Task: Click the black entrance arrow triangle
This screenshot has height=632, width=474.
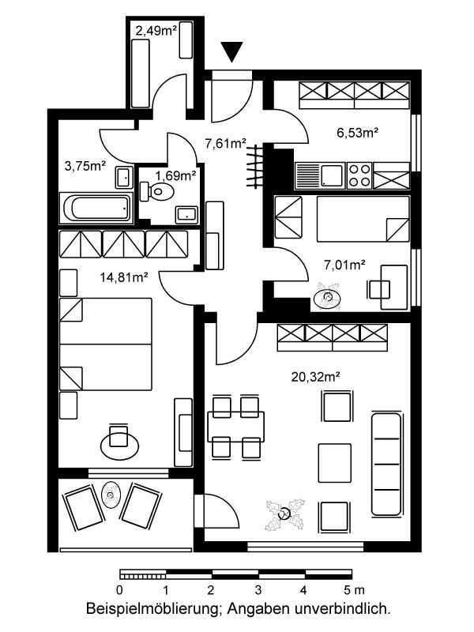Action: [x=231, y=51]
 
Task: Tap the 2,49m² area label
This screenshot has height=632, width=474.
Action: [x=156, y=31]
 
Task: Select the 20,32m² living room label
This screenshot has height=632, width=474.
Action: [x=315, y=377]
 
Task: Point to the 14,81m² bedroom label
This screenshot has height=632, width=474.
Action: [x=124, y=277]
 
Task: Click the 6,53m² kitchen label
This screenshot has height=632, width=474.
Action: [x=358, y=133]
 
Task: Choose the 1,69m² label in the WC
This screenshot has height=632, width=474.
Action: [x=175, y=175]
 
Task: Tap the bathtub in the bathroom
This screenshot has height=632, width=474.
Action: [x=96, y=208]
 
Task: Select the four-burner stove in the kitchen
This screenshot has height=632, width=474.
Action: [x=359, y=175]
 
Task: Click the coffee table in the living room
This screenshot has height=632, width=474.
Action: [x=334, y=463]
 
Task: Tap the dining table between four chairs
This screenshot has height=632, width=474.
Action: [x=235, y=427]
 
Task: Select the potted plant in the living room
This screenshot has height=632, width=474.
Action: [x=285, y=514]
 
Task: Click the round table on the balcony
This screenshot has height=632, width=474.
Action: [x=111, y=495]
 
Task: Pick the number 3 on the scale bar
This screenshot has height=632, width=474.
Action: [x=258, y=590]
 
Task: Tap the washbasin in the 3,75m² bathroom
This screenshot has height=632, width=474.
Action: [x=125, y=177]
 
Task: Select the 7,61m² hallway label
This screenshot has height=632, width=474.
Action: [x=226, y=143]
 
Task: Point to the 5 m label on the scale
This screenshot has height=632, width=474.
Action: [x=354, y=590]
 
